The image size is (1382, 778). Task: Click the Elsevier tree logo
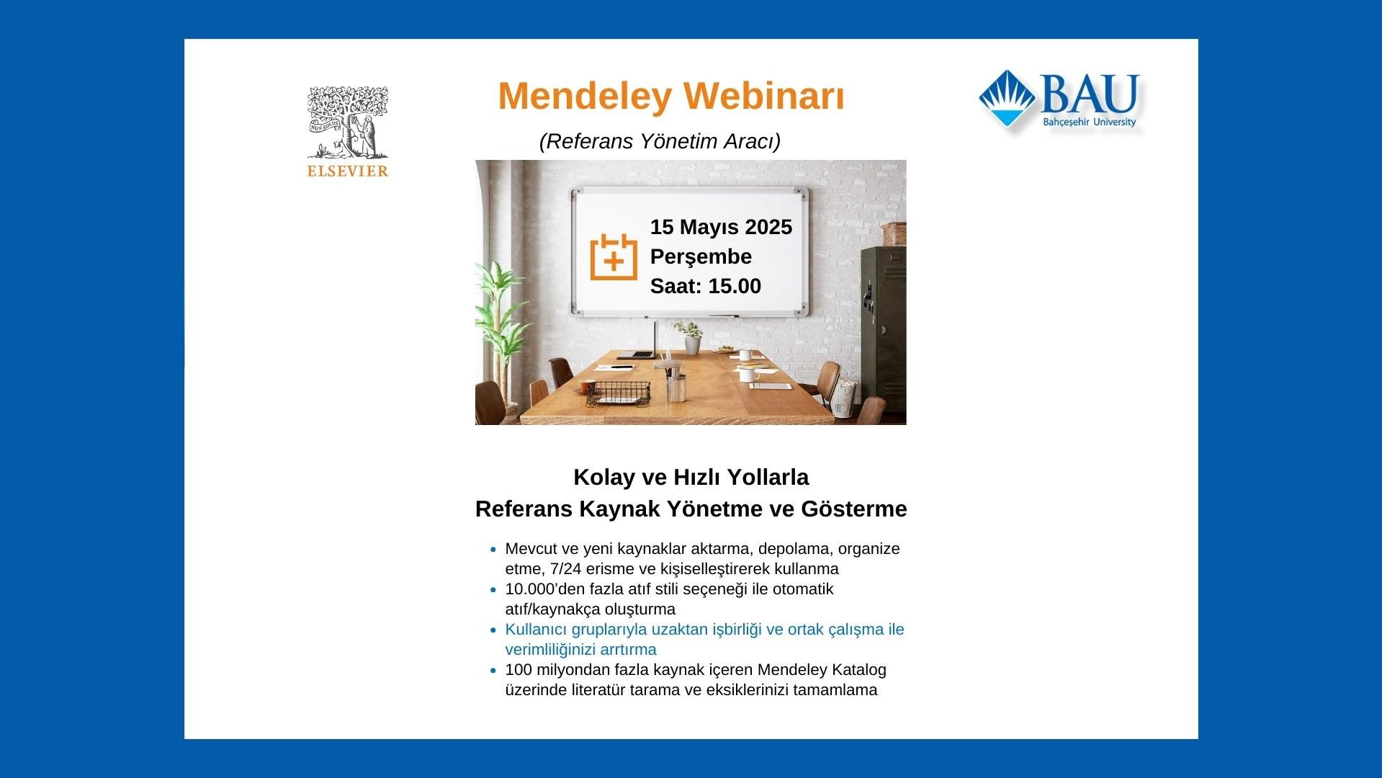click(348, 122)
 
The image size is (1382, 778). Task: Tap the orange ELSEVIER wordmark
click(348, 171)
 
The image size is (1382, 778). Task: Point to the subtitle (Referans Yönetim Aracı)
click(660, 141)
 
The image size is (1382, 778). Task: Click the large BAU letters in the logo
click(1089, 94)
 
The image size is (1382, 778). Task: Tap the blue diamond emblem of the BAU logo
click(1008, 99)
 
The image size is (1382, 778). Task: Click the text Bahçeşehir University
click(1089, 122)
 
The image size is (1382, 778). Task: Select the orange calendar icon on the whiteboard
click(614, 256)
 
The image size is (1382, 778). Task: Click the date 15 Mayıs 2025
click(721, 227)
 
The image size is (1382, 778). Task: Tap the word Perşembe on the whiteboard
click(701, 256)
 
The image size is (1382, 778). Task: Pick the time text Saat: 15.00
click(706, 286)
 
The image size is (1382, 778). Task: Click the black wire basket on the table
click(618, 394)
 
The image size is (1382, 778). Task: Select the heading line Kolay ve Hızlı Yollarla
click(691, 477)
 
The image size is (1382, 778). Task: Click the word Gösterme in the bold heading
click(854, 509)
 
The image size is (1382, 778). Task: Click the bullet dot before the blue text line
click(493, 630)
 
